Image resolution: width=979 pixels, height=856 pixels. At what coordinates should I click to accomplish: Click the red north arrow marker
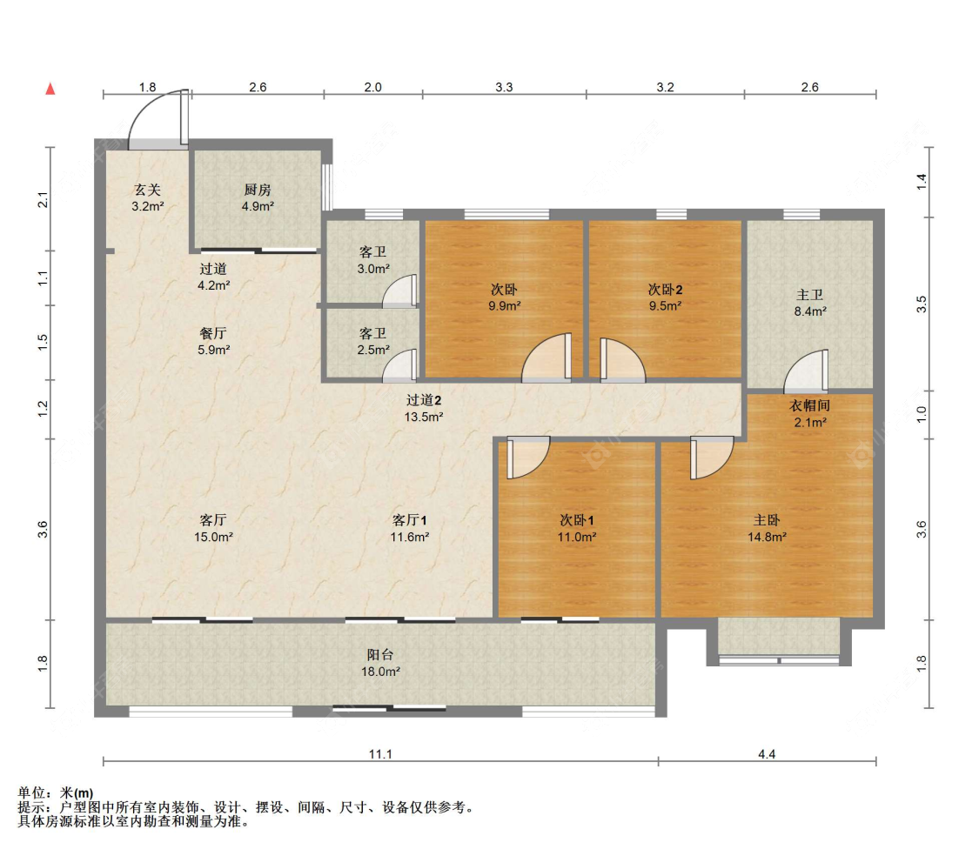tap(50, 89)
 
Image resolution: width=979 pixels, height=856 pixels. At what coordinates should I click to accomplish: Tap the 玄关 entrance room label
tap(147, 190)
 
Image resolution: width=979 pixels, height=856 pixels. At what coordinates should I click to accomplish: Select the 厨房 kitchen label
tap(258, 190)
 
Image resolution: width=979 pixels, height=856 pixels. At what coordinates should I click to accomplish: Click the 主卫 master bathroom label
tap(810, 295)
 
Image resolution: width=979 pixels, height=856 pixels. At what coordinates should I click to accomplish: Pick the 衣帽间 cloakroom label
tap(810, 406)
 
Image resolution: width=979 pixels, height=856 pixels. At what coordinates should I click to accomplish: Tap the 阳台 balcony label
tap(380, 655)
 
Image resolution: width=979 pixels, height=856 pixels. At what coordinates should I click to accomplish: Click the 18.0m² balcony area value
tap(380, 672)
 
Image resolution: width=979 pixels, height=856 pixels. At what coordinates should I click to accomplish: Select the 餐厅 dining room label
tap(213, 333)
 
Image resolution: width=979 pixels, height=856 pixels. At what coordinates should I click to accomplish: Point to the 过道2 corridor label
tap(424, 400)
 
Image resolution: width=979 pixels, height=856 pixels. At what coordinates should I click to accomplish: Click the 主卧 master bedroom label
tap(767, 520)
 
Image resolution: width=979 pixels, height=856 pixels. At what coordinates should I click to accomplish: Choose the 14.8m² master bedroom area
tap(767, 537)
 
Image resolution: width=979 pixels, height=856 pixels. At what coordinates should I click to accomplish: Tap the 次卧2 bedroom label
tap(665, 290)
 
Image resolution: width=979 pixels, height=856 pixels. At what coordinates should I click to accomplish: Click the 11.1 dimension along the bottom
tap(380, 754)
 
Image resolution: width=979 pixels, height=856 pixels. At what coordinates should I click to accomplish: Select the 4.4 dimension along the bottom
tap(767, 754)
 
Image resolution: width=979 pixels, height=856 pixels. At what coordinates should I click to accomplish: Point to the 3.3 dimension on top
tap(504, 87)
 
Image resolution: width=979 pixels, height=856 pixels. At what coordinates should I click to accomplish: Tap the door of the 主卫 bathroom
tap(807, 371)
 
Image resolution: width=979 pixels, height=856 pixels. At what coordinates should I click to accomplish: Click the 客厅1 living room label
tap(410, 520)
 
